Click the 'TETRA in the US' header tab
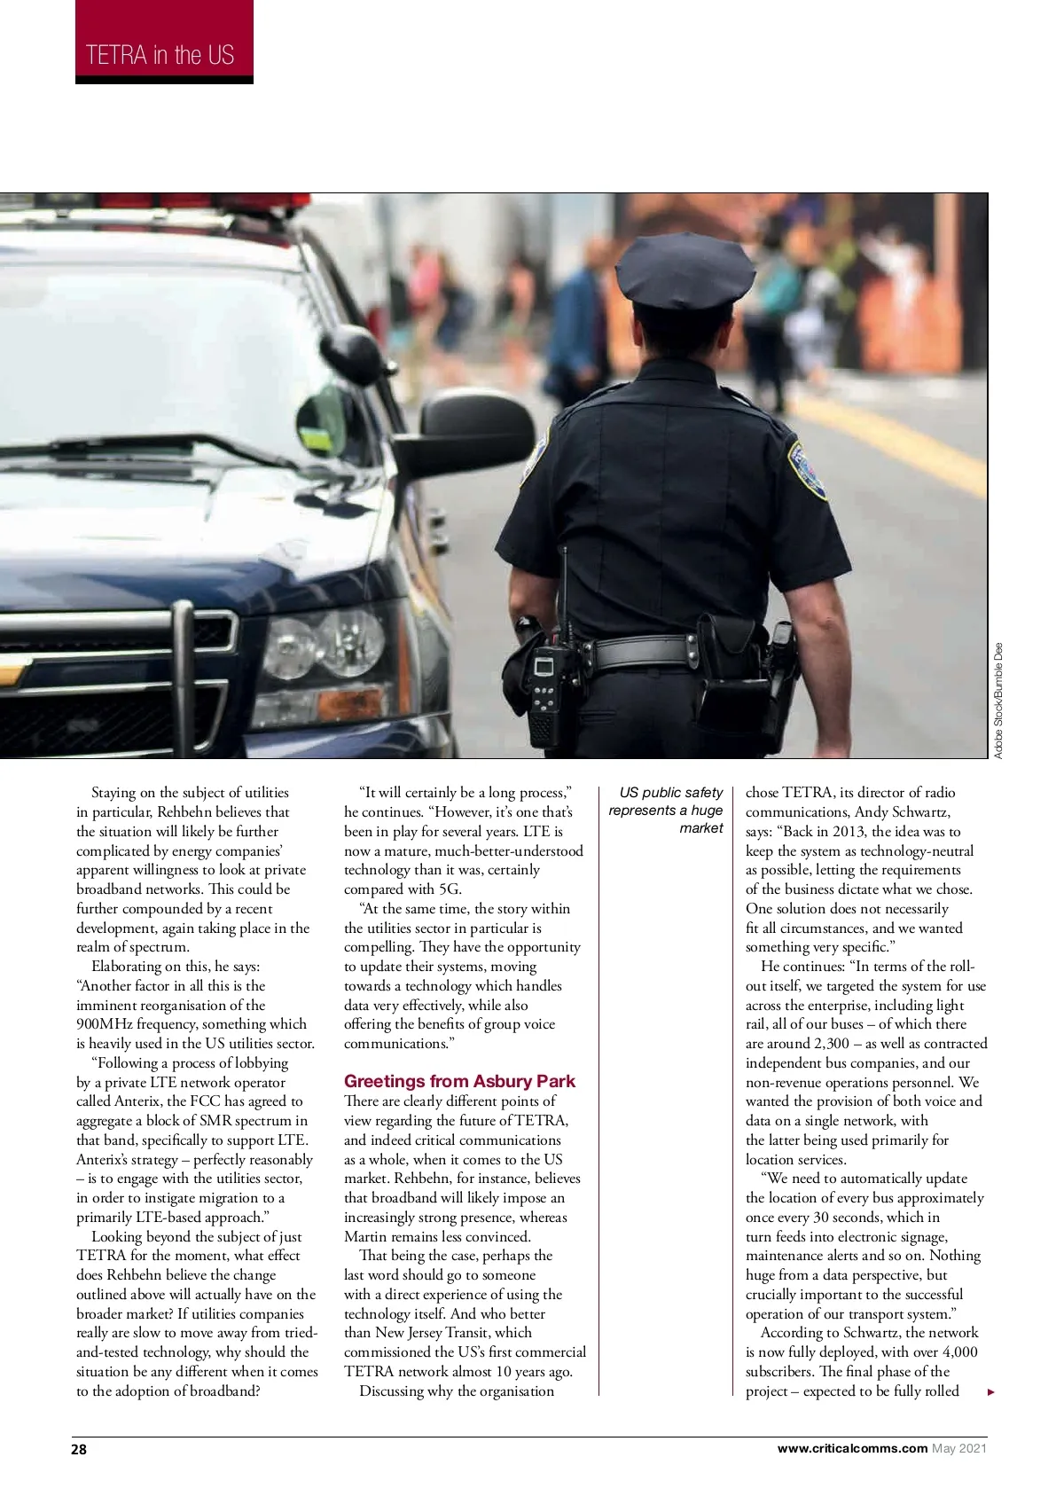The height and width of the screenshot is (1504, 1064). pyautogui.click(x=160, y=55)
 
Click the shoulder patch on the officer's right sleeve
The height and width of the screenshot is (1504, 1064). pyautogui.click(x=807, y=471)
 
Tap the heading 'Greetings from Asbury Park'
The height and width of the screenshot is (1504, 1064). pyautogui.click(x=459, y=1081)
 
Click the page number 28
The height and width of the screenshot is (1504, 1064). pyautogui.click(x=80, y=1449)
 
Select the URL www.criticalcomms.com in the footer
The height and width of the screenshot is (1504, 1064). pyautogui.click(x=852, y=1448)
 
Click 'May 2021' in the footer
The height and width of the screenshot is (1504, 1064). pyautogui.click(x=959, y=1448)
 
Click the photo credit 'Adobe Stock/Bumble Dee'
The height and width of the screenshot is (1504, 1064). pyautogui.click(x=998, y=700)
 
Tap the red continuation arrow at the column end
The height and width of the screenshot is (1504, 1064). pyautogui.click(x=991, y=1392)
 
